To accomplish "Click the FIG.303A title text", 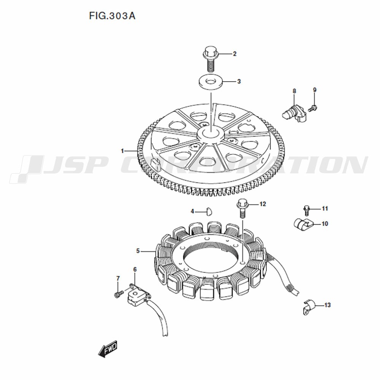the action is click(x=112, y=16).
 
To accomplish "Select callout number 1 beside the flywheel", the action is click(x=122, y=151).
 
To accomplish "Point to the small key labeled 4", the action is click(x=209, y=211).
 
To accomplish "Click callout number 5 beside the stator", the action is click(x=138, y=251).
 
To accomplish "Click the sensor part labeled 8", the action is click(x=294, y=113).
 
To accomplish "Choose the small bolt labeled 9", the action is click(x=312, y=108).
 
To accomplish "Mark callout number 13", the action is click(x=328, y=305).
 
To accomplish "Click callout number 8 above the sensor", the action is click(x=294, y=91).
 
